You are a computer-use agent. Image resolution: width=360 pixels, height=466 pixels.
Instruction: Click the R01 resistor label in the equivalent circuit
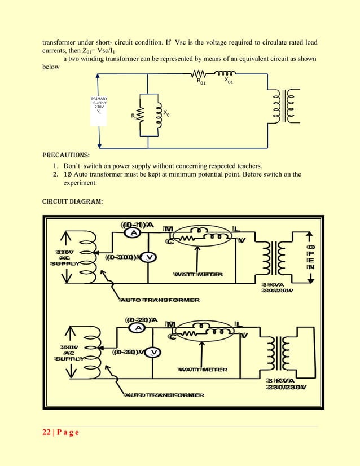(x=201, y=82)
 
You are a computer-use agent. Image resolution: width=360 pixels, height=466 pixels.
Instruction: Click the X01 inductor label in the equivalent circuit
(x=229, y=81)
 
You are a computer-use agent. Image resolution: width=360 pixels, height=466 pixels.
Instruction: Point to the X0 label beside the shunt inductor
(x=166, y=114)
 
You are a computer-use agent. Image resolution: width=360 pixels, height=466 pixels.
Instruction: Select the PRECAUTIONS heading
(x=65, y=155)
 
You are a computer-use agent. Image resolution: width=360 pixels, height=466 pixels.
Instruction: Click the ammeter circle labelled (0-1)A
(x=134, y=233)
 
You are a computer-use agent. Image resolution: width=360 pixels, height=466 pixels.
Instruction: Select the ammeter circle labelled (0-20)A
(x=137, y=328)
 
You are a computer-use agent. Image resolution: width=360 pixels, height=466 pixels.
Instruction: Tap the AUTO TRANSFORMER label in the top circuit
(x=159, y=300)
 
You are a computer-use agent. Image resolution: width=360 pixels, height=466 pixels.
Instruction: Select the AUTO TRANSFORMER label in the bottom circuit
(x=164, y=395)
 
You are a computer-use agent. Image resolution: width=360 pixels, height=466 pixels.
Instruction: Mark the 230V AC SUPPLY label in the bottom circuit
(x=68, y=353)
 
